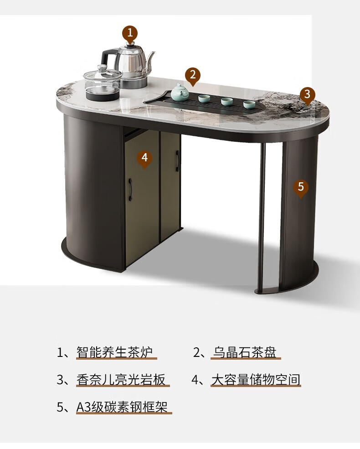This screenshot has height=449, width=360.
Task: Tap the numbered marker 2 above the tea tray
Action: [x=193, y=76]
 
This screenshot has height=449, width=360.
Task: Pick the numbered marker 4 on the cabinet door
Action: [x=144, y=158]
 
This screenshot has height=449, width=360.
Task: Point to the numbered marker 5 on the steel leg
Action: [x=300, y=187]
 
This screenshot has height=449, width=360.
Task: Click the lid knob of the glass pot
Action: [x=102, y=67]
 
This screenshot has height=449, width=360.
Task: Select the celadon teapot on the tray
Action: [x=180, y=92]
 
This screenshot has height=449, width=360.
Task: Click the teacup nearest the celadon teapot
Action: [x=204, y=98]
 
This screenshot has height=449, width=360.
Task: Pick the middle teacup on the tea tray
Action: [x=226, y=101]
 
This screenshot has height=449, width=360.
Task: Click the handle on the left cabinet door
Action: [x=130, y=190]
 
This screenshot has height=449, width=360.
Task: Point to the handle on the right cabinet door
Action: [x=177, y=161]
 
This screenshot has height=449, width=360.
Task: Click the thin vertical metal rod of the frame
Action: [x=261, y=217]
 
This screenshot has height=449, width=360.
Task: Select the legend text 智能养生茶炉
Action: [x=114, y=352]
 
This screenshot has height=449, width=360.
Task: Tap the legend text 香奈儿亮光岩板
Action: [x=121, y=380]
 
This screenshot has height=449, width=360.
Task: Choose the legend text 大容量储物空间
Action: [x=256, y=380]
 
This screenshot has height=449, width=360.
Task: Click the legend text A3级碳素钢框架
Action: [x=122, y=407]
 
